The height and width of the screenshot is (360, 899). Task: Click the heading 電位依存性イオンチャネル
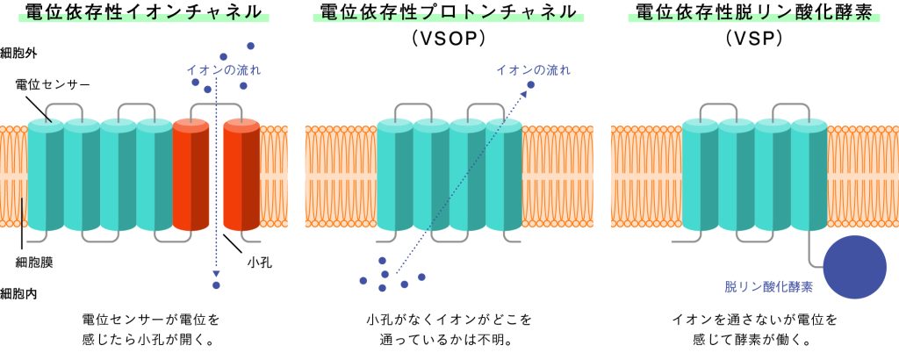(x=144, y=12)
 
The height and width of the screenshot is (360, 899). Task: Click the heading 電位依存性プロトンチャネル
(x=449, y=12)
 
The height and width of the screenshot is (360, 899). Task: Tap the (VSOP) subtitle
(x=449, y=40)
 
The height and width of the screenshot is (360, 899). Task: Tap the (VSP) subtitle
(x=754, y=40)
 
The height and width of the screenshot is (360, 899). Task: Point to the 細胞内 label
(x=18, y=293)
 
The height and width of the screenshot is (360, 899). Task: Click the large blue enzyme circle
(x=853, y=268)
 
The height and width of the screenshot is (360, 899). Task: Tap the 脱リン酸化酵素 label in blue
(x=769, y=287)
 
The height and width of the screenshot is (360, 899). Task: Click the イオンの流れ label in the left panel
(x=224, y=69)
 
